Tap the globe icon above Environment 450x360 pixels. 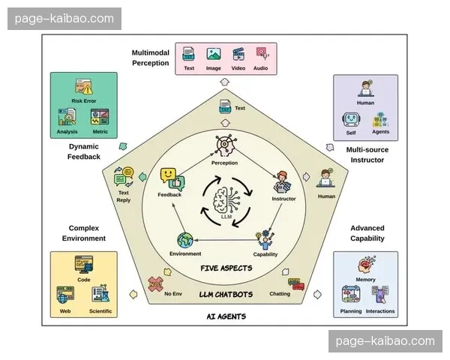pyautogui.click(x=184, y=241)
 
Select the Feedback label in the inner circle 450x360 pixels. pyautogui.click(x=169, y=195)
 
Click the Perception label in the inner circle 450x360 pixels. pyautogui.click(x=224, y=163)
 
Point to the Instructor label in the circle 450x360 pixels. pyautogui.click(x=283, y=199)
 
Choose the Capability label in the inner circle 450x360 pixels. pyautogui.click(x=265, y=253)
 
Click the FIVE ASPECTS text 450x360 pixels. pyautogui.click(x=225, y=268)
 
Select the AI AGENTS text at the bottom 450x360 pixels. pyautogui.click(x=226, y=316)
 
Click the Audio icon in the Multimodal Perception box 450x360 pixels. pyautogui.click(x=261, y=54)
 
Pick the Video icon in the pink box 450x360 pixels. pyautogui.click(x=238, y=54)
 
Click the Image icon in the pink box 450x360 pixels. pyautogui.click(x=214, y=54)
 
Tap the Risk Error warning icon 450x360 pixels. pyautogui.click(x=82, y=87)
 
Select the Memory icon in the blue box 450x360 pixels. pyautogui.click(x=366, y=265)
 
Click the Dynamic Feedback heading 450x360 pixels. pyautogui.click(x=83, y=151)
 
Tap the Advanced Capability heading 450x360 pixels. pyautogui.click(x=367, y=233)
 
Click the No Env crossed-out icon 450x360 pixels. pyautogui.click(x=156, y=283)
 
